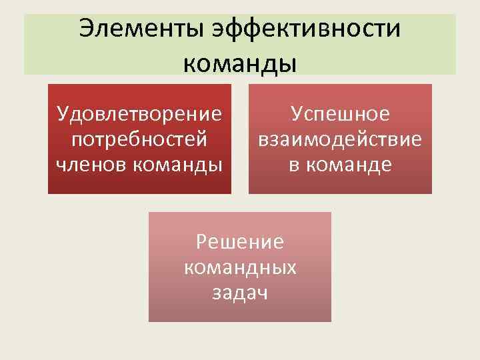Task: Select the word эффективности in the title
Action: [x=307, y=29]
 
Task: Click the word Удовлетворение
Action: [x=139, y=115]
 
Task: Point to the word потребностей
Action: [x=139, y=140]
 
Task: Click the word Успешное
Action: [x=340, y=115]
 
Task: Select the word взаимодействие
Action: [x=340, y=140]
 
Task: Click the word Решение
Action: [x=239, y=241]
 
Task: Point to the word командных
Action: [x=239, y=267]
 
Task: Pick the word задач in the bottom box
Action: [x=239, y=292]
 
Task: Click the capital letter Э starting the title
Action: [x=85, y=29]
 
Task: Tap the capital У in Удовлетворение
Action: [x=63, y=115]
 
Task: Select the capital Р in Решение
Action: [x=201, y=241]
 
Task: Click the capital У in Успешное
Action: [x=296, y=115]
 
